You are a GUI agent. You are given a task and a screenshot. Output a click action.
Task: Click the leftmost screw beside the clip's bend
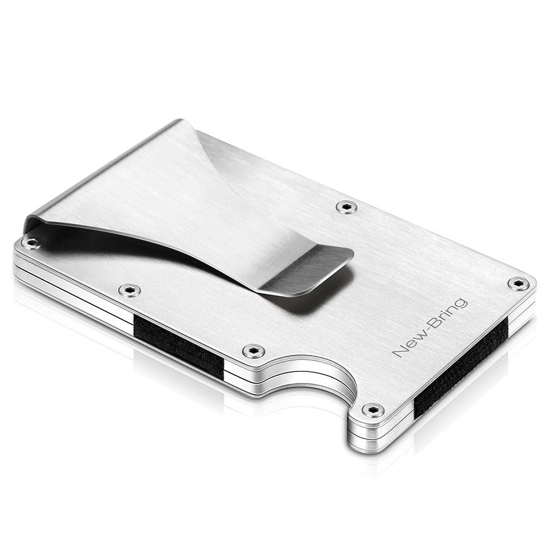click(x=32, y=242)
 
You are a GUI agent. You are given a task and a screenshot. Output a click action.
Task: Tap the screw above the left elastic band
click(x=130, y=290)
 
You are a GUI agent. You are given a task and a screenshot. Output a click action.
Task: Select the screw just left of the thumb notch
click(x=254, y=351)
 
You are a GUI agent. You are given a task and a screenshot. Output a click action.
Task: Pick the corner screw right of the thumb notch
click(x=373, y=410)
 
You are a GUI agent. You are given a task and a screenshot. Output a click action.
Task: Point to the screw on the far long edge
click(x=346, y=207)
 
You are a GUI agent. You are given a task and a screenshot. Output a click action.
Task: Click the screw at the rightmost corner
click(x=518, y=283)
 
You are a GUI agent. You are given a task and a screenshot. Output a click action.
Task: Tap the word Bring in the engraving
click(x=449, y=313)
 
